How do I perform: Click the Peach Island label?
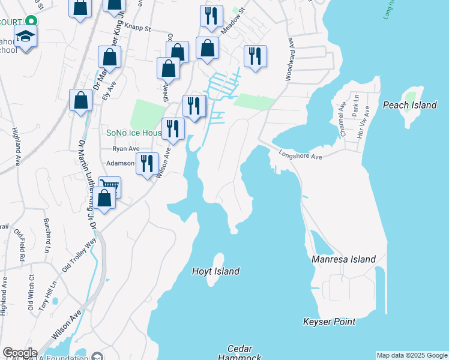pos(410,105)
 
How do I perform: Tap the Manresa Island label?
pos(343,259)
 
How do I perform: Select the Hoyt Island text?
pos(215,271)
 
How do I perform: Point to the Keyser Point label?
pos(329,322)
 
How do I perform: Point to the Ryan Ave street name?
pos(126,149)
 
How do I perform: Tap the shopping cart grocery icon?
pos(110,187)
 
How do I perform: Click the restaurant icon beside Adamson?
pos(147,163)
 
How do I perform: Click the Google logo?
pos(19,353)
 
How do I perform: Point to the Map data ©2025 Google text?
pos(412,355)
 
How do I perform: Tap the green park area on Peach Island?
pos(411,95)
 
